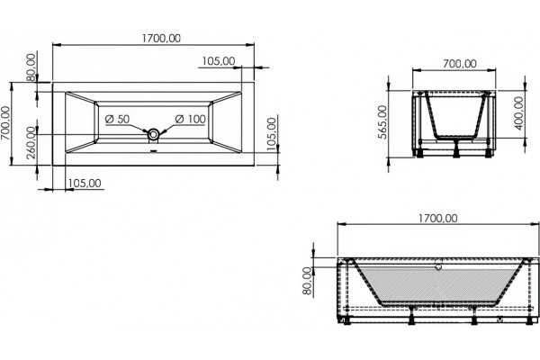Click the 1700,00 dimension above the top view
coord(161,38)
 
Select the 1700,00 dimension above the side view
coord(438,219)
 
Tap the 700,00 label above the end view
coord(460,64)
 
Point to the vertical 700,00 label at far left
coord(5,123)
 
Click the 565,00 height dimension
coord(382,122)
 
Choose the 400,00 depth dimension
coord(518,113)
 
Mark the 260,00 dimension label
coord(31,142)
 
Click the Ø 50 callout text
coord(117,119)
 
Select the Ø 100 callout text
coord(191,119)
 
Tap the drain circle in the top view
coord(154,134)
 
